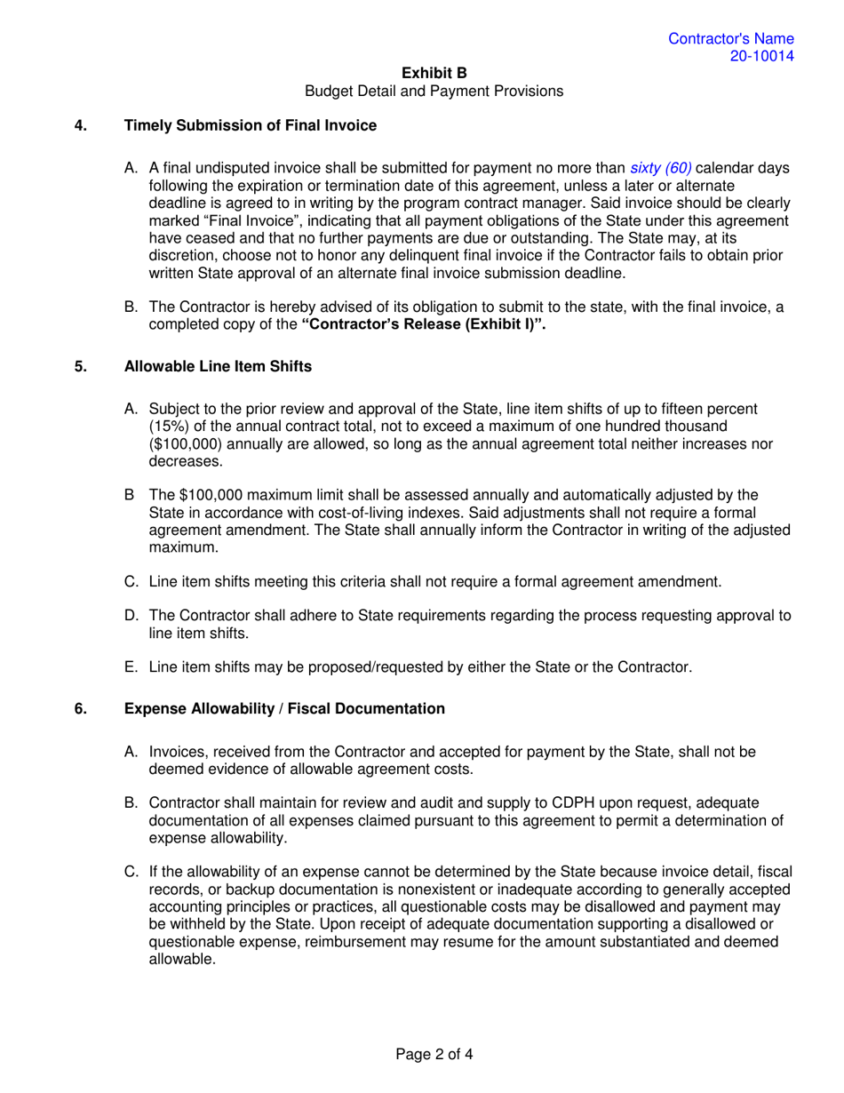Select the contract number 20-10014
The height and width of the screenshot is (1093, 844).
(761, 56)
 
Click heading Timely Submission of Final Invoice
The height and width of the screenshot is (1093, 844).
(250, 125)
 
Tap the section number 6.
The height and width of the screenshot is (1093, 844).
(79, 708)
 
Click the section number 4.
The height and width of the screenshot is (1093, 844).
(79, 125)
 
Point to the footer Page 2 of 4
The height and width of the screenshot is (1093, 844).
(434, 1056)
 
